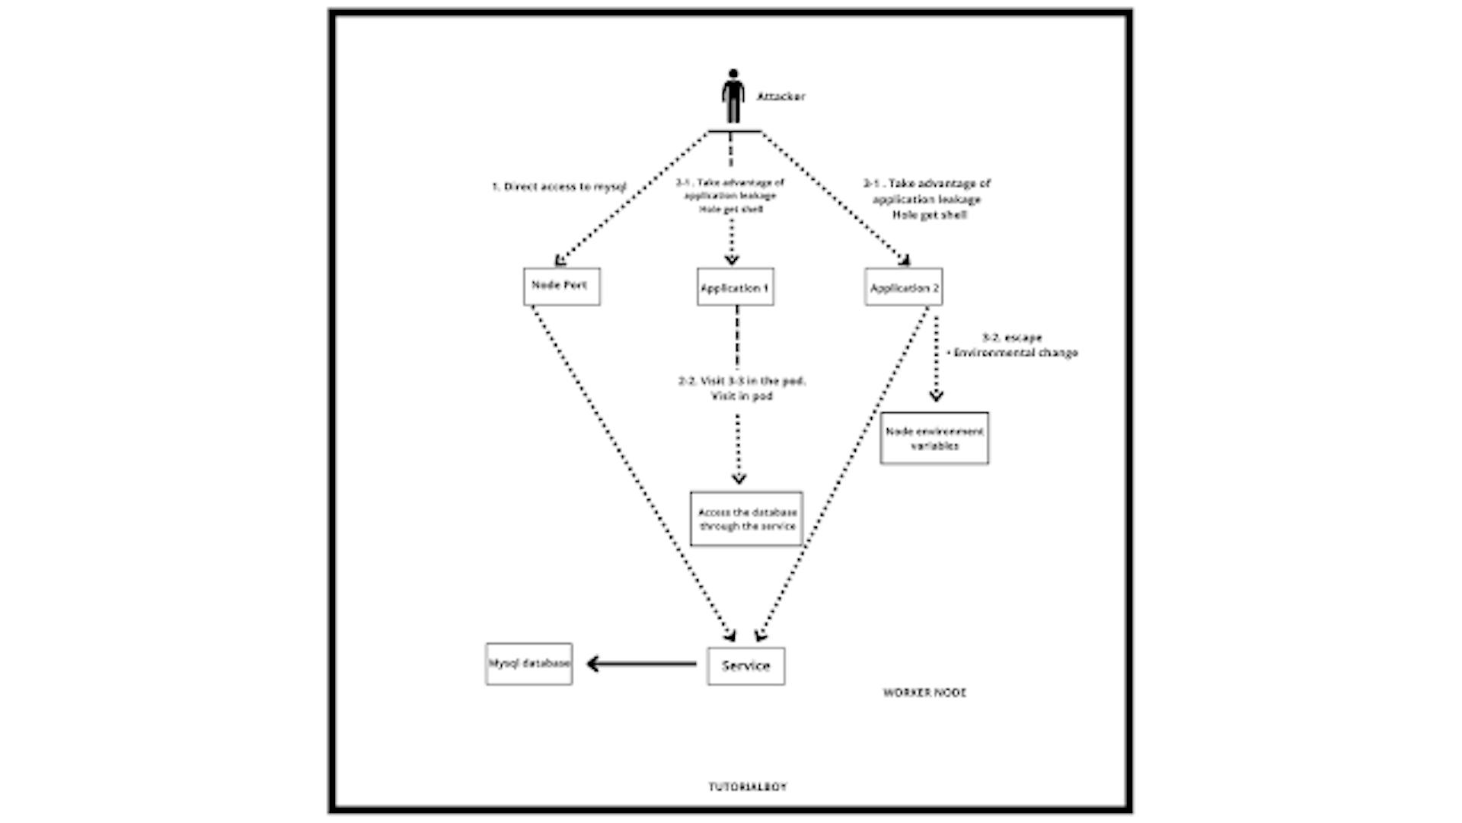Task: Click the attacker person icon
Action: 733,96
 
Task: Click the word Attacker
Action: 780,97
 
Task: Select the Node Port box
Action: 561,287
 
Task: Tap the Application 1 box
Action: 735,287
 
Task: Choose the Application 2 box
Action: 903,287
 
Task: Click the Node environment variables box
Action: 934,438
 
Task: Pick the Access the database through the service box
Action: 746,519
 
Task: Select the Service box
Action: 745,666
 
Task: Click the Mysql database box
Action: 528,664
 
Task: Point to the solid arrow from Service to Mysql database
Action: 641,664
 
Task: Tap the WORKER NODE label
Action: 924,693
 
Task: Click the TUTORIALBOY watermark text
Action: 747,786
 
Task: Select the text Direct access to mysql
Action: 559,187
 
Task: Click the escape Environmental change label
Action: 1012,345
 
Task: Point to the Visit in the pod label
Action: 742,388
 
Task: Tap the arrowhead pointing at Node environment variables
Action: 936,395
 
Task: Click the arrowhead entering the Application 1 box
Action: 732,259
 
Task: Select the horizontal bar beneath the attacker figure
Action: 734,131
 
